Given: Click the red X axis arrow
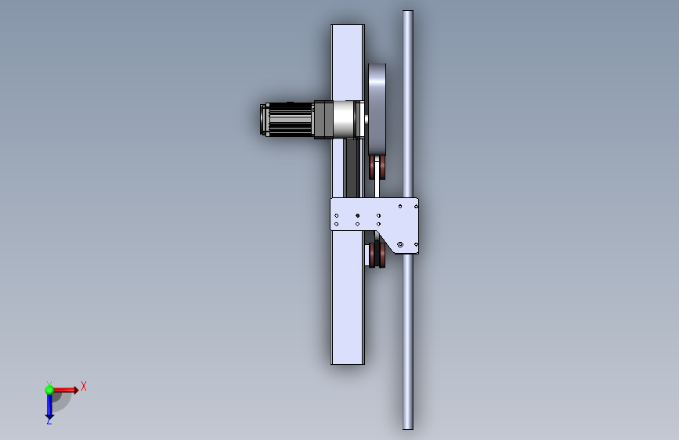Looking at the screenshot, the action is pos(65,390).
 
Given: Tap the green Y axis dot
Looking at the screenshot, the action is pos(49,390).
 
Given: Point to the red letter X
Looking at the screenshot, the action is pos(84,386).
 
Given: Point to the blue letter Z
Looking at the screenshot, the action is pos(49,420).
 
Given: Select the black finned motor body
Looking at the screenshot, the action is pos(289,120).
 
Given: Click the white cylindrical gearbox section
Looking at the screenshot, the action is pos(344,120).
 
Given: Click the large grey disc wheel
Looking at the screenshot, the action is pos(377,109).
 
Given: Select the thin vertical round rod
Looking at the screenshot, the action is pos(407,220).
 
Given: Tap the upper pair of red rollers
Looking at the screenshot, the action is pos(377,168).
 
